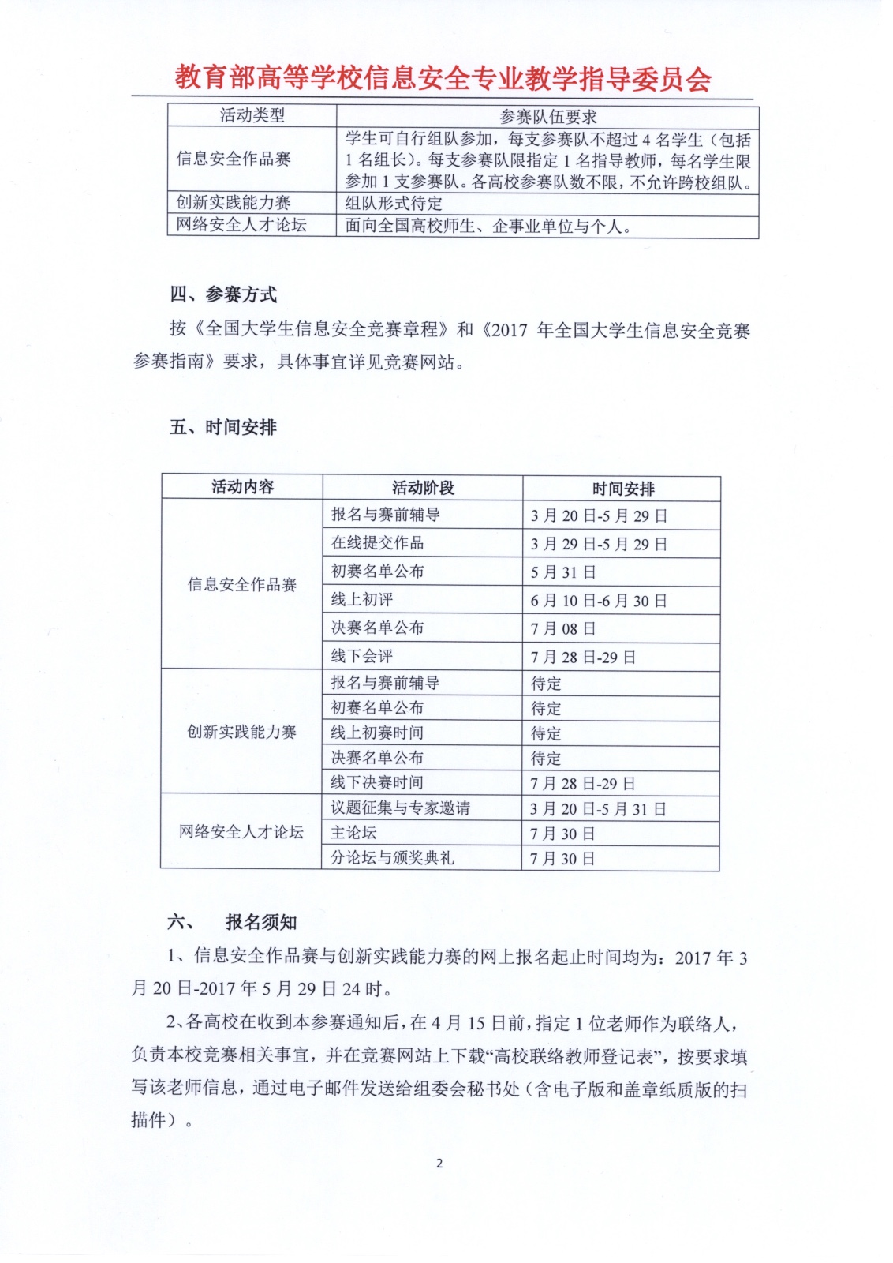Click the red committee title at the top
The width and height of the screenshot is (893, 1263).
click(443, 79)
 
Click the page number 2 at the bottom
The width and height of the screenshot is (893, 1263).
click(439, 1163)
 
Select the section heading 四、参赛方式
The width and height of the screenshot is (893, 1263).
click(223, 295)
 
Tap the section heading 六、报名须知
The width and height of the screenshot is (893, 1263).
click(233, 922)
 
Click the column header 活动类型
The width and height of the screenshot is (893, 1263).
click(252, 116)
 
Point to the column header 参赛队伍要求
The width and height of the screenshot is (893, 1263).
click(547, 117)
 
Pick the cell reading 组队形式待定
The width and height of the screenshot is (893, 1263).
click(394, 203)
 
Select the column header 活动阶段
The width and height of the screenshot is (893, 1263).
click(423, 488)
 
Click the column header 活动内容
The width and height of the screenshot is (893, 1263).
click(242, 487)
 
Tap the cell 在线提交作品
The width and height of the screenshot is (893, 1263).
click(377, 543)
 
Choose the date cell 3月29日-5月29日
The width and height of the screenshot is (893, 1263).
click(599, 545)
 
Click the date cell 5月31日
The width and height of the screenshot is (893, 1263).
click(562, 572)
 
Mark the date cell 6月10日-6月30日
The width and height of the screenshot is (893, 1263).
click(599, 601)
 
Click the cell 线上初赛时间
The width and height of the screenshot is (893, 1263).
click(376, 733)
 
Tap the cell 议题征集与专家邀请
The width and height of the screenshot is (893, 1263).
click(400, 808)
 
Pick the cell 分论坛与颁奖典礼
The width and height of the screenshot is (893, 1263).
click(391, 857)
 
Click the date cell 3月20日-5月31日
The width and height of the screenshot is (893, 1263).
click(598, 809)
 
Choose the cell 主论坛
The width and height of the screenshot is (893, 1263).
click(353, 833)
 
